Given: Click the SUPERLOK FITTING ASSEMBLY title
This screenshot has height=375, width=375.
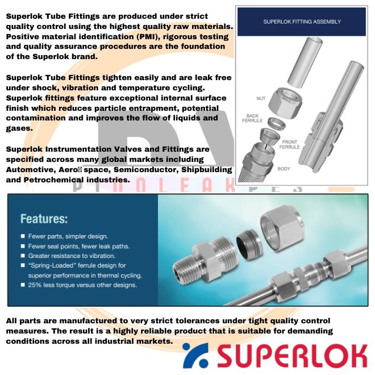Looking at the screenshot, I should pos(302,22).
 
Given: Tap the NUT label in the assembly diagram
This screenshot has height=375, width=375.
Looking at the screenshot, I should pos(261,98).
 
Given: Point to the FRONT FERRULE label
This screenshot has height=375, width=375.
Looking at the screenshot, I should pos(289,144).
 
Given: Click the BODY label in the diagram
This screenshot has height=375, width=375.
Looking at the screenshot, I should pos(284,169).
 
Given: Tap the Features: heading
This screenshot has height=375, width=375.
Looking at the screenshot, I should pos(44,218).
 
